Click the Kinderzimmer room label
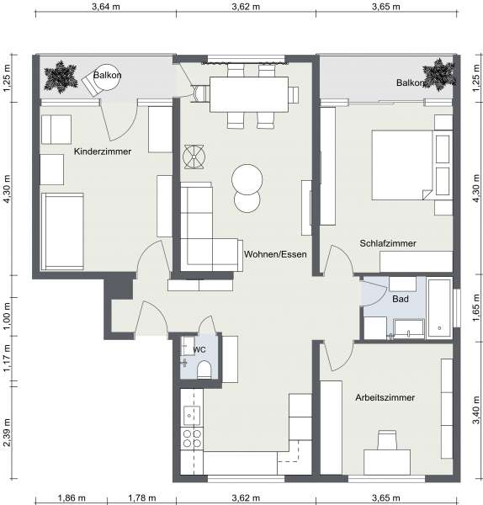coord(103,151)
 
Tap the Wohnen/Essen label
coord(275,254)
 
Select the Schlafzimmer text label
coord(388,243)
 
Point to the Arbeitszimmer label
coord(385,397)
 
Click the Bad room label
coord(401,299)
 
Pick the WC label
coord(199,350)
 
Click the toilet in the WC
coord(204,369)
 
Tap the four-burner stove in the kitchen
coord(192,439)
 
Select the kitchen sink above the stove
coord(192,416)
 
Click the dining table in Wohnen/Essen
coord(249,94)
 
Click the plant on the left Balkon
coord(61,77)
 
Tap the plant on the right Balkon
coord(438,74)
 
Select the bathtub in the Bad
coord(439,308)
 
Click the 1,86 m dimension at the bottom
coord(72,498)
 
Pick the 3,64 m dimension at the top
coord(106,7)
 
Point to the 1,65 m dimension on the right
coord(477,308)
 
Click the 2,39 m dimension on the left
coord(7,433)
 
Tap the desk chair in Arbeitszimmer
coord(386,439)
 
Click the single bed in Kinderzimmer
coord(62,231)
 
